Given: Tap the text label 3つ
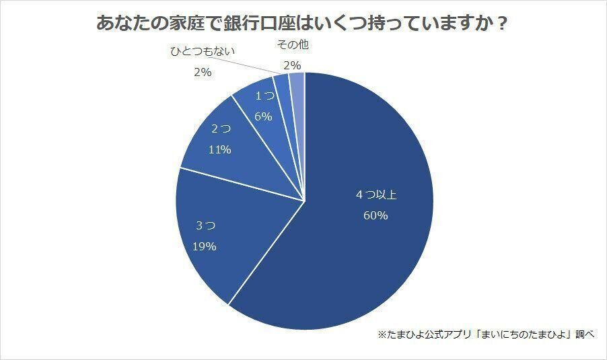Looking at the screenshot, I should tap(204, 225).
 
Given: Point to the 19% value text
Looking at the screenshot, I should tap(204, 246).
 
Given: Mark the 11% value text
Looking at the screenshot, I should tap(220, 149).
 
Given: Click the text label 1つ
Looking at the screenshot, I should tap(264, 97).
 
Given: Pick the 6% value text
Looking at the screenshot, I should tap(264, 116).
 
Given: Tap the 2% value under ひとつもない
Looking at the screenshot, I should tap(203, 72).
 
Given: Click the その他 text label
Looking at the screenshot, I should tap(293, 45).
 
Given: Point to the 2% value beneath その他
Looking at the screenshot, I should tap(293, 65).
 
